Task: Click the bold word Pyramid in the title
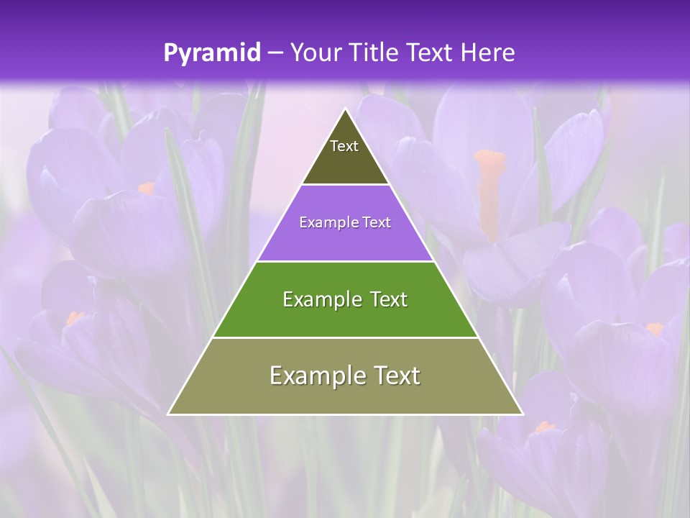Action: (212, 53)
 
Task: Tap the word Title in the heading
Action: (374, 53)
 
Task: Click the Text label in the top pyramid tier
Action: (344, 146)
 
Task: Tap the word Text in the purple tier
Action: (377, 223)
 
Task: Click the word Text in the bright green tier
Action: (387, 299)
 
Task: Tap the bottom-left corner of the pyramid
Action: (169, 414)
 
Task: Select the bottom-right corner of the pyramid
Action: (523, 414)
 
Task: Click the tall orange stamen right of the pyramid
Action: (489, 187)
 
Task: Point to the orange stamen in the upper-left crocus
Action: (147, 188)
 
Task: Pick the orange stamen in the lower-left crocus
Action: (74, 317)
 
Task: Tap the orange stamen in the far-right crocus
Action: (654, 329)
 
